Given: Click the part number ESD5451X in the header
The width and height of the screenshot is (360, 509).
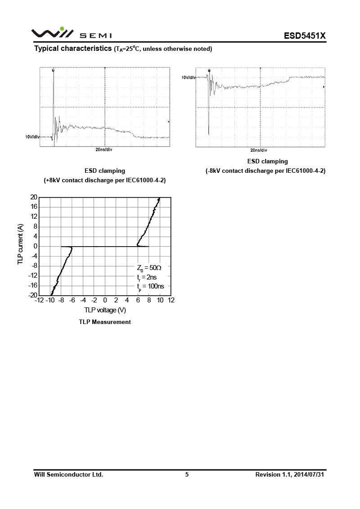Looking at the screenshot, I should [304, 36].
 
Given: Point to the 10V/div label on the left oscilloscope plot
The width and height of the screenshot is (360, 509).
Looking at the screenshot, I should [32, 136].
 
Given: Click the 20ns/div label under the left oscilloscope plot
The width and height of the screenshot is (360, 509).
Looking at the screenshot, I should [104, 149].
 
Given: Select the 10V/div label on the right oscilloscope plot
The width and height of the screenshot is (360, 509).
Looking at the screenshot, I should [189, 77].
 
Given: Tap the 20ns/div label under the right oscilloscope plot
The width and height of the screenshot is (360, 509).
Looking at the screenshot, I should [259, 150].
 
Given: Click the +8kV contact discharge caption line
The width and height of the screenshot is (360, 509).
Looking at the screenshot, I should [105, 180].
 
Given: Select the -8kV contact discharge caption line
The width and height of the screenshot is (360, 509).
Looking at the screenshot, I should [265, 171].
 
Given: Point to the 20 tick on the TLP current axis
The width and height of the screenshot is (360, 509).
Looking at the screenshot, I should [33, 197].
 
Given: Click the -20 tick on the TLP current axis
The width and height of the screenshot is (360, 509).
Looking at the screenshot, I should [32, 295].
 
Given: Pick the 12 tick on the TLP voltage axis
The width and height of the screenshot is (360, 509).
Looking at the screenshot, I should [171, 300].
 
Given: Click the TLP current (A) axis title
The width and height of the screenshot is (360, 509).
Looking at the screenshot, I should [20, 245].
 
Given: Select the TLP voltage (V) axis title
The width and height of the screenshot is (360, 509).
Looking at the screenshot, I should [105, 310].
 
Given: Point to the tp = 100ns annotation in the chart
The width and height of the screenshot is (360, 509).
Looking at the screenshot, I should [150, 286].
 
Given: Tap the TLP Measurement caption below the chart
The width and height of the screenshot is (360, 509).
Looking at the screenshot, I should [105, 322].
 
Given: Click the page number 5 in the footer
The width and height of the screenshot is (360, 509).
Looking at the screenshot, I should [187, 474].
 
